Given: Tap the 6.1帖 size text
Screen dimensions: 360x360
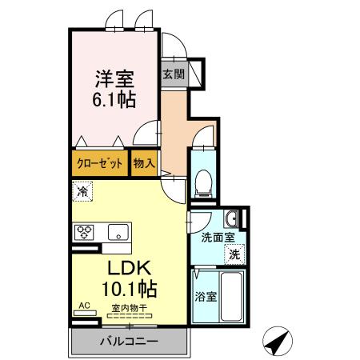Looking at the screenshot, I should (x=115, y=100).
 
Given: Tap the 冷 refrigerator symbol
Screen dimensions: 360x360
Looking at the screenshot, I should (x=82, y=191).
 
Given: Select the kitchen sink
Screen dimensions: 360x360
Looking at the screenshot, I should (x=118, y=233).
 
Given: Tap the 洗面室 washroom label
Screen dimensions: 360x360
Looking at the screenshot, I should (x=216, y=238).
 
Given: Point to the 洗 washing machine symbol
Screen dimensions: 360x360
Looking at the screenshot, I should (x=234, y=254).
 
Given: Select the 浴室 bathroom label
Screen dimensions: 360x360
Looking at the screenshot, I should (x=204, y=295).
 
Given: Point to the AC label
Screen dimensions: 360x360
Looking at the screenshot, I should (x=84, y=306).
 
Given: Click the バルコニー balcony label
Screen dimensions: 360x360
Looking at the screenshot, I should (x=128, y=342).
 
